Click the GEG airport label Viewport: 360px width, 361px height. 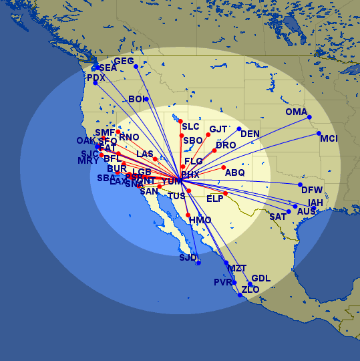[x=124, y=61]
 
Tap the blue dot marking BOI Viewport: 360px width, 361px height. [x=146, y=99]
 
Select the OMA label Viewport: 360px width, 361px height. [x=296, y=112]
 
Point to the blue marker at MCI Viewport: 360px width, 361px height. [x=319, y=134]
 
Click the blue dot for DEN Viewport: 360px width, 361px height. [x=239, y=128]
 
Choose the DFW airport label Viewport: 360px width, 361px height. [x=312, y=190]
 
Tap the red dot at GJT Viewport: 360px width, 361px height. [x=208, y=135]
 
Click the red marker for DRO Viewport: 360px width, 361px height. [x=214, y=150]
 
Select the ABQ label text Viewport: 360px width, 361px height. [x=235, y=172]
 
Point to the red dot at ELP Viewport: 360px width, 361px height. [x=226, y=194]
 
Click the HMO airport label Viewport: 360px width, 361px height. [x=200, y=220]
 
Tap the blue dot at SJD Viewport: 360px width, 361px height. [x=198, y=263]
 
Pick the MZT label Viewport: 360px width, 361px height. [x=237, y=268]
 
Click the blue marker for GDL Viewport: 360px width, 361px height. [x=250, y=284]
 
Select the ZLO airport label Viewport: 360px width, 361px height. [x=250, y=289]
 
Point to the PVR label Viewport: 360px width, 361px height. [x=222, y=282]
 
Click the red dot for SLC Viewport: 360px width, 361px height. [x=180, y=121]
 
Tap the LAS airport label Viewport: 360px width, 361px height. [x=145, y=154]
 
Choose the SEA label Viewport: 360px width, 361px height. [x=108, y=68]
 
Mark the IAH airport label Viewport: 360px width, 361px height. [x=316, y=203]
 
